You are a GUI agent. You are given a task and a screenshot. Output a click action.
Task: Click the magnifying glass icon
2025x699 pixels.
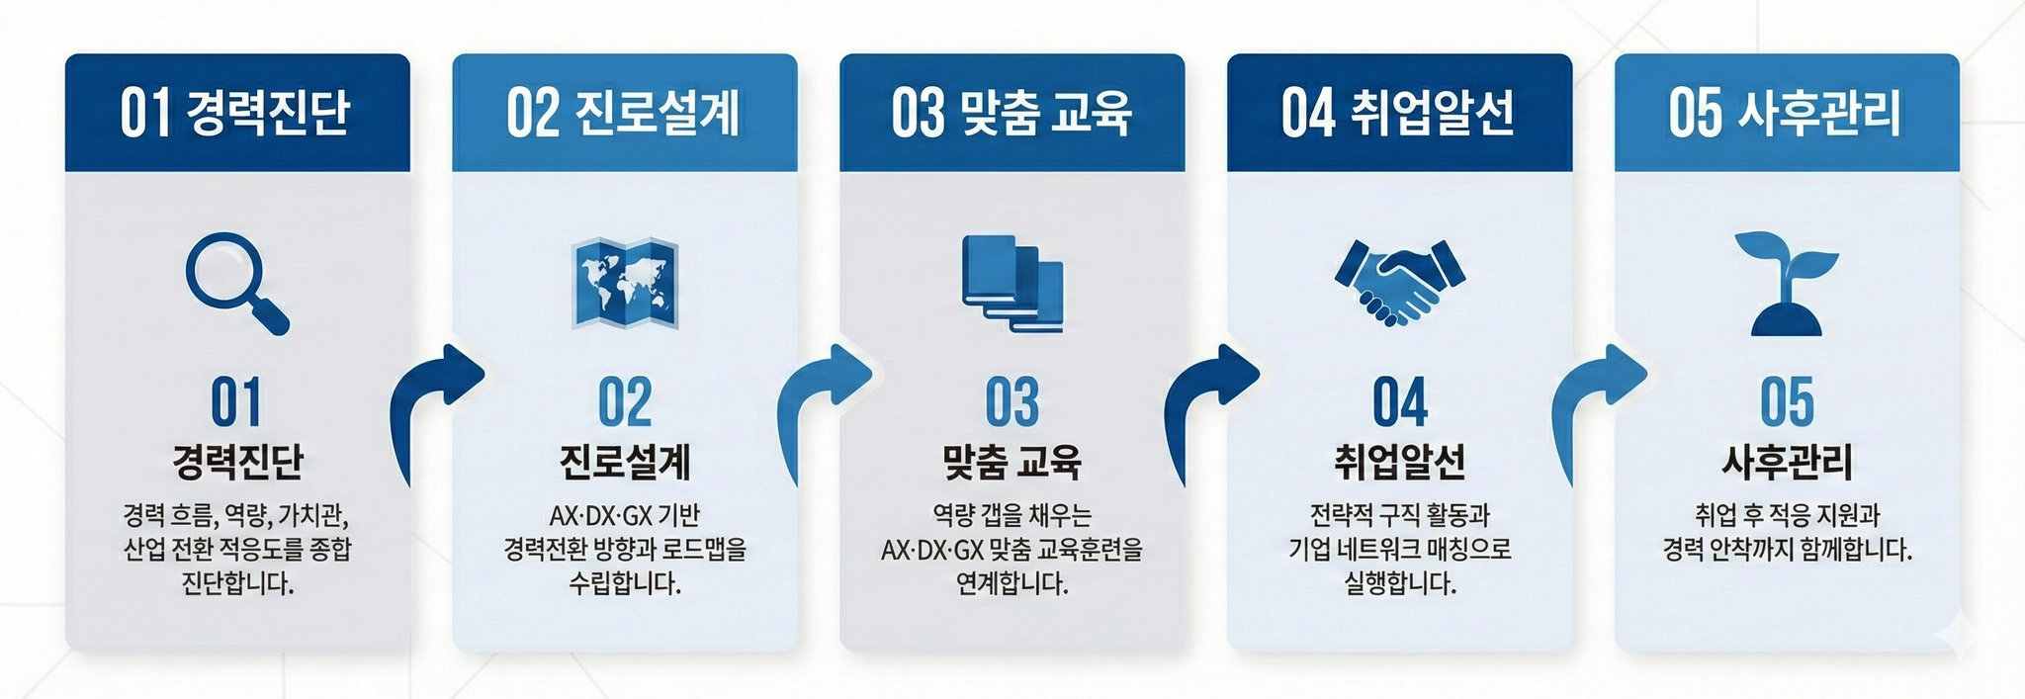coord(235,283)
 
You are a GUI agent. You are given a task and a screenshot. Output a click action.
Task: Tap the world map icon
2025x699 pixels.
coord(625,283)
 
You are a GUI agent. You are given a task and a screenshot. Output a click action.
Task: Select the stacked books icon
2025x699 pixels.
coord(1012,283)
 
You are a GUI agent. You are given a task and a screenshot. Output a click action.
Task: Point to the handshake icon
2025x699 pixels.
coord(1399,283)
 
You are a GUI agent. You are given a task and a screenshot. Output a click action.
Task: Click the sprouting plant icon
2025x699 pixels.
coord(1786,283)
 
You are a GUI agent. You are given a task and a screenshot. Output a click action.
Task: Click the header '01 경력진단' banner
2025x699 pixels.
coord(237,112)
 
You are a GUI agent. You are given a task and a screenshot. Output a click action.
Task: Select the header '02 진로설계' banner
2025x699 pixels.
coord(625,112)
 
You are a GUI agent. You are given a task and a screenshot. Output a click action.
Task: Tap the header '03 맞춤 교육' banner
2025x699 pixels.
coord(1012,112)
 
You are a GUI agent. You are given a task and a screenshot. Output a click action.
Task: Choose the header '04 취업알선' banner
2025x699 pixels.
coord(1399,112)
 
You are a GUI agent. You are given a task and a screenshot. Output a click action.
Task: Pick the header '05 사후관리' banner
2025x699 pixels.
coord(1787,112)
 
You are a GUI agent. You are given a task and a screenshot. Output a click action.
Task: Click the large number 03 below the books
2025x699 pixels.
coord(1012,402)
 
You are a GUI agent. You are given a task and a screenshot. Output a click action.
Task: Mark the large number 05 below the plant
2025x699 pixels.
coord(1787,402)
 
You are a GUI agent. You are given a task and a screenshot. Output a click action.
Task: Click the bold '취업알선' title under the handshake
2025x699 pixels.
coord(1399,462)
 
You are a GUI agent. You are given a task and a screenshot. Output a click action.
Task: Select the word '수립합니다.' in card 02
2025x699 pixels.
coord(625,583)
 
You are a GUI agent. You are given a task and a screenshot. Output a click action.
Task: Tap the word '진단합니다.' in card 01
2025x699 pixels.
coord(237,583)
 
